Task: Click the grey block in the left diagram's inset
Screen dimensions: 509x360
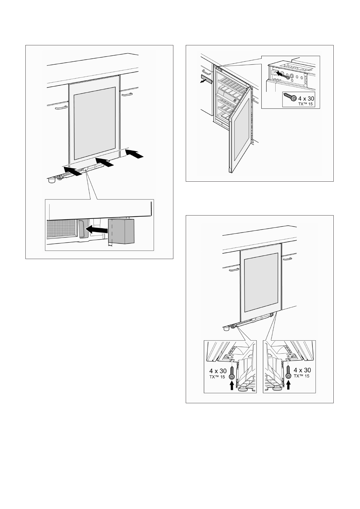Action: (121, 231)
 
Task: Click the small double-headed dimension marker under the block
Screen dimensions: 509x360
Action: (110, 245)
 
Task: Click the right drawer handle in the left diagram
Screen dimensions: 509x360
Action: (127, 95)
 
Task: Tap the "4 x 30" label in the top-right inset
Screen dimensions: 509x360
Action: (306, 99)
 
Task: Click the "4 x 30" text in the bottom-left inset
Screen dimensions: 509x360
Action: (218, 371)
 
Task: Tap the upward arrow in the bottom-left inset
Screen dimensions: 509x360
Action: (232, 385)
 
